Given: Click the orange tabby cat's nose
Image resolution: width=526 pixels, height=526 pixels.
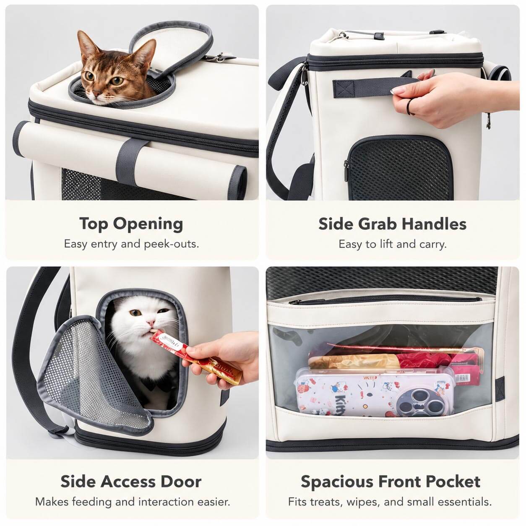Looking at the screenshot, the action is tap(96, 93).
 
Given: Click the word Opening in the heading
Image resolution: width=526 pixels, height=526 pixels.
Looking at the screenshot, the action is tap(148, 224).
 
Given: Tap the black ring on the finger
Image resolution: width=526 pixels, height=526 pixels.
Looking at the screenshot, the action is tap(409, 107).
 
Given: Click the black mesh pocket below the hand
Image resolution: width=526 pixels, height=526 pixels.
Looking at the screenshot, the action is tap(399, 168).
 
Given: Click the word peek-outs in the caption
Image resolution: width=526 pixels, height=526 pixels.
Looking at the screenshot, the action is tap(172, 244).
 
